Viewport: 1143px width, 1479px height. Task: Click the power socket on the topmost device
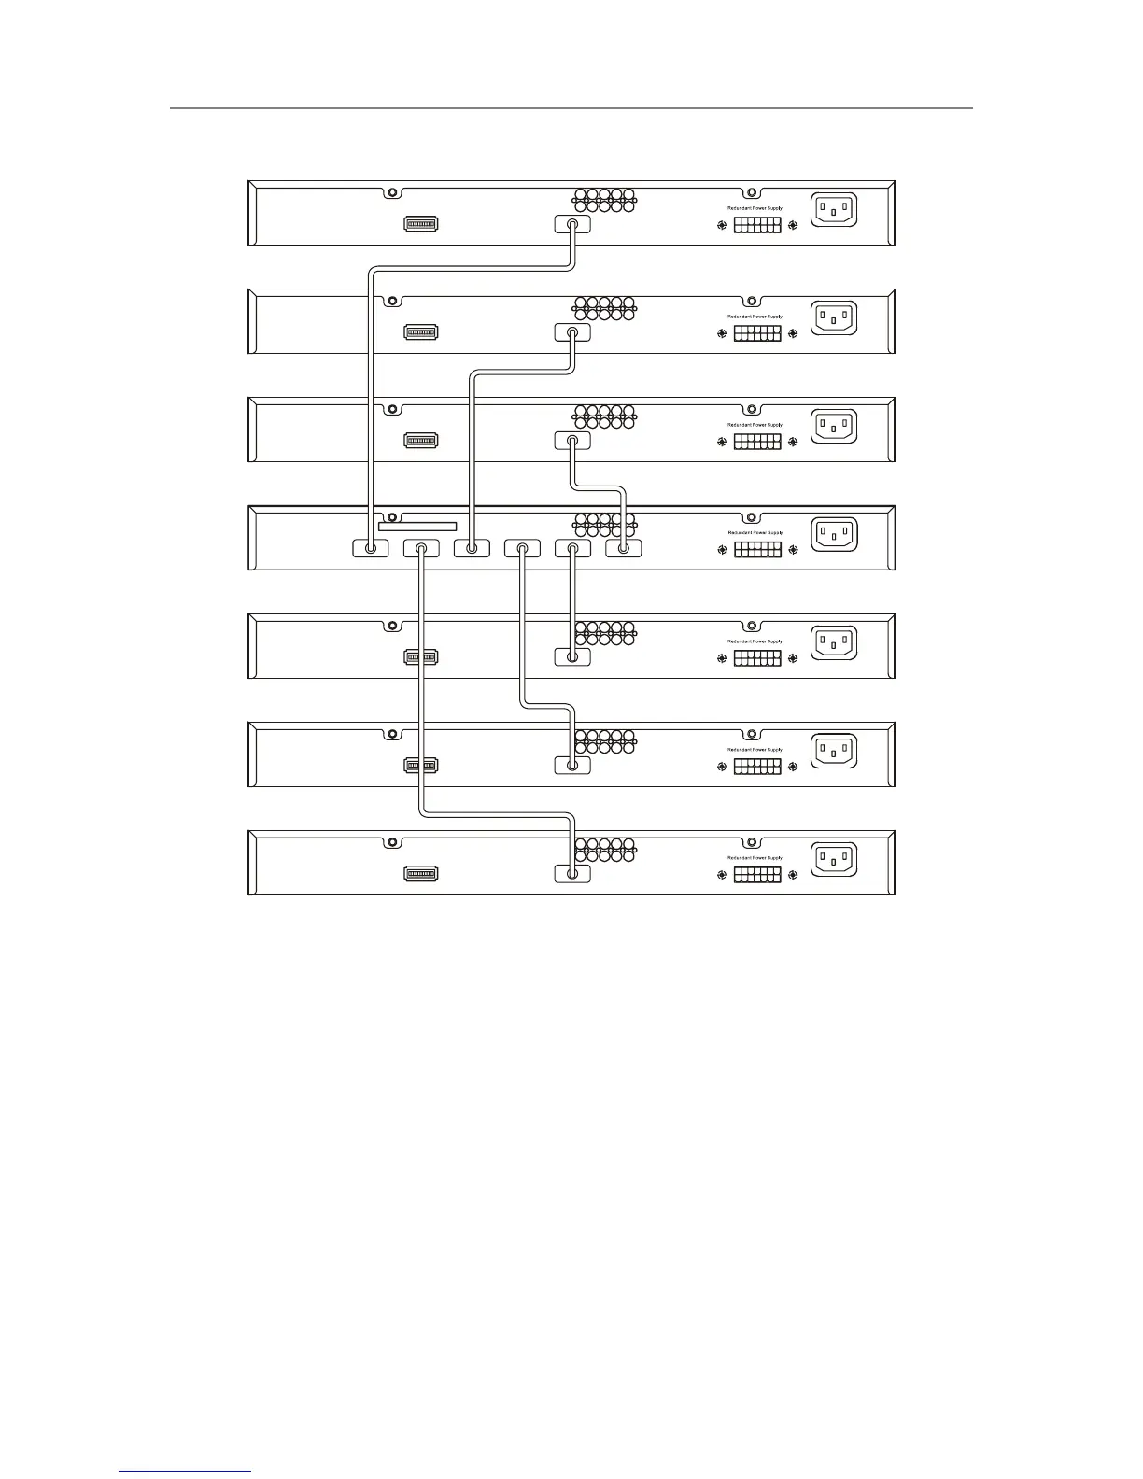tap(834, 209)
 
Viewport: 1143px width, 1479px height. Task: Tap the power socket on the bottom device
tap(834, 859)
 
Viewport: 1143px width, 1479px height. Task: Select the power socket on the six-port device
tap(834, 534)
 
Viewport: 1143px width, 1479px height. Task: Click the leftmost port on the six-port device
tap(371, 549)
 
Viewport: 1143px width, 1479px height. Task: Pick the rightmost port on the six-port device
tap(624, 549)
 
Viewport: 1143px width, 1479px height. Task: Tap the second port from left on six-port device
tap(421, 549)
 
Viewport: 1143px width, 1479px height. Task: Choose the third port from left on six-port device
tap(472, 549)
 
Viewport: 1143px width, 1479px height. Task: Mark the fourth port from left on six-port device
tap(522, 549)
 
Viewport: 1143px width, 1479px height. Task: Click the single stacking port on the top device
tap(572, 224)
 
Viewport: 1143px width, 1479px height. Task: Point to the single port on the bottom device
tap(572, 874)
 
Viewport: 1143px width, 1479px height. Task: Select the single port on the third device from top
tap(572, 441)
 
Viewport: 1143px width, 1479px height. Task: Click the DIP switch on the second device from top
tap(421, 332)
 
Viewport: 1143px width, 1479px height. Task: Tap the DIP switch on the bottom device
tap(421, 874)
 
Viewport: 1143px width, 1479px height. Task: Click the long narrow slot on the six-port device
tap(417, 527)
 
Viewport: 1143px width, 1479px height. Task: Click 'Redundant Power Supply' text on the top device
tap(755, 208)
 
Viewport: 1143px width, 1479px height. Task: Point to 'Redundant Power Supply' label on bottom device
tap(755, 858)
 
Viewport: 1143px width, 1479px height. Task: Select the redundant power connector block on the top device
tap(757, 225)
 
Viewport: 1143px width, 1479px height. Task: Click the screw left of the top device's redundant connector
tap(722, 225)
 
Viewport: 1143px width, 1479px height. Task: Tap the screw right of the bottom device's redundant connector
tap(793, 875)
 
